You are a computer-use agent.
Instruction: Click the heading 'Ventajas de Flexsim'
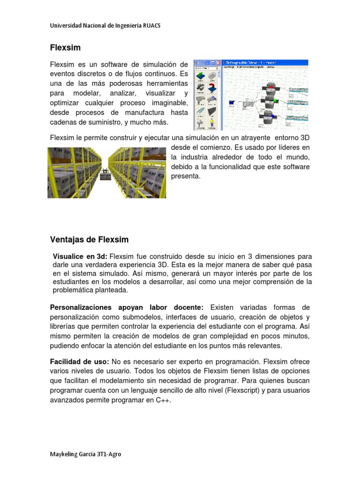coord(89,240)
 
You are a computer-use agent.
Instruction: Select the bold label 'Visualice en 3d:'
coord(80,256)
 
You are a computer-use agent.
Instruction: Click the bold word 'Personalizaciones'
coord(81,307)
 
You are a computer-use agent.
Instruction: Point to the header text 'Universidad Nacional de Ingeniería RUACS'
coord(105,26)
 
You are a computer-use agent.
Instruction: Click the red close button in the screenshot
coord(217,63)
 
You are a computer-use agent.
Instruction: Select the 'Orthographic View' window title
coord(246,62)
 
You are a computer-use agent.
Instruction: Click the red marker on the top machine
coord(270,87)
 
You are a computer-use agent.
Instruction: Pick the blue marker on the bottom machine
coord(274,117)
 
